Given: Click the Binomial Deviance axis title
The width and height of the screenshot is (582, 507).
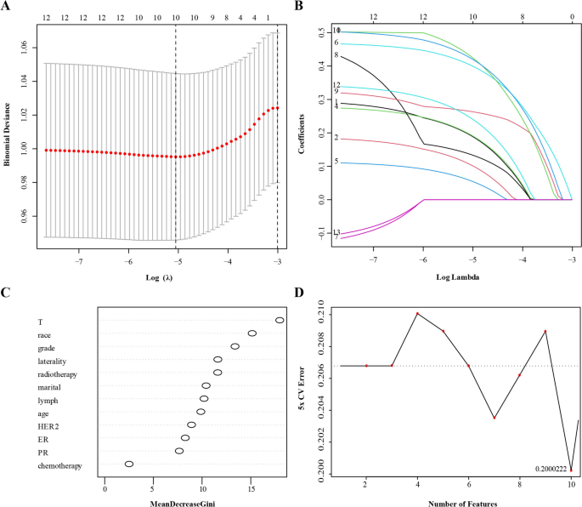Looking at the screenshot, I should [x=8, y=133].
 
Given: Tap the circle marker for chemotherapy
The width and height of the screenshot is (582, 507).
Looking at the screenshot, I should [x=129, y=464].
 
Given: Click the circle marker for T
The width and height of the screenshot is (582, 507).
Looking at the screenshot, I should [x=280, y=321].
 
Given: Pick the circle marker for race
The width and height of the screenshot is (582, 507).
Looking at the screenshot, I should [x=252, y=333].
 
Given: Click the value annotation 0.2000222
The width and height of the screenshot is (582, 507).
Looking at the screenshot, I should [x=551, y=469].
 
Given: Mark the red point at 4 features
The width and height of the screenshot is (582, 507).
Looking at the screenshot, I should [x=417, y=314].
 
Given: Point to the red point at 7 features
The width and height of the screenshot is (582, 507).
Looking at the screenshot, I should [x=494, y=418].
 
